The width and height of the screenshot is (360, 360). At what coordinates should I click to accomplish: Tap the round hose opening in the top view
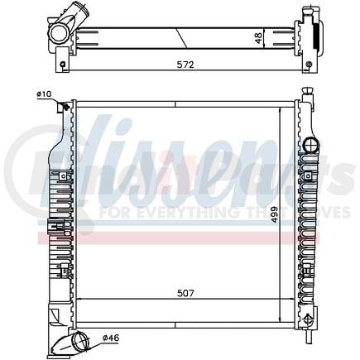[x=60, y=34]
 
